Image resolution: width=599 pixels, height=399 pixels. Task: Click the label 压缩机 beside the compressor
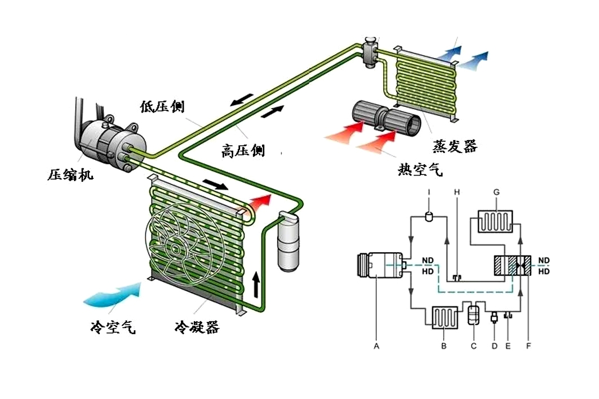click(70, 175)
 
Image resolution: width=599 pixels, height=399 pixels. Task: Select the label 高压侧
click(243, 150)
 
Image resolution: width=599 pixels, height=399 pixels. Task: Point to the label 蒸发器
click(455, 146)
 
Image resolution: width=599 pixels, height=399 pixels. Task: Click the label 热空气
click(420, 169)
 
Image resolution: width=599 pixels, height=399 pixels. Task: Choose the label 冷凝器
click(197, 327)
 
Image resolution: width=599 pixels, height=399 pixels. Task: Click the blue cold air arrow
click(113, 294)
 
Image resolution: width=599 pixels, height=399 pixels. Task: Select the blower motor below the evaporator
click(386, 119)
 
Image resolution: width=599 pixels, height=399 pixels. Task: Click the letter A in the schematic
click(376, 346)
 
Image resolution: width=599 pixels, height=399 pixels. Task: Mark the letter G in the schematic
click(496, 192)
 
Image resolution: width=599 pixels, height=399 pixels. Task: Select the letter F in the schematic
click(529, 346)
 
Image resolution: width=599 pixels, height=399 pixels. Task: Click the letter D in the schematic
click(494, 346)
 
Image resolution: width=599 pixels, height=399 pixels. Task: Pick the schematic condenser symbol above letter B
click(444, 317)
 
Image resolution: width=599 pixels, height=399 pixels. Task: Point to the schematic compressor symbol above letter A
click(380, 266)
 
